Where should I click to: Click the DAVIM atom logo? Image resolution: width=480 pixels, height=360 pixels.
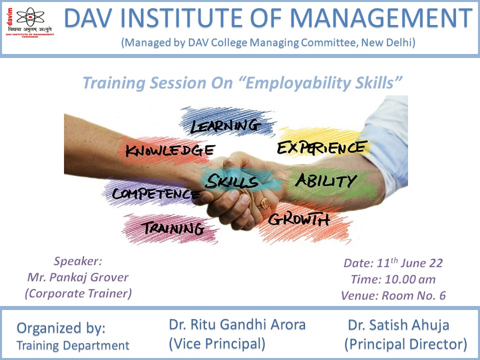30,17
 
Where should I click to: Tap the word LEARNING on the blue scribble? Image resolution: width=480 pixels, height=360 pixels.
225,126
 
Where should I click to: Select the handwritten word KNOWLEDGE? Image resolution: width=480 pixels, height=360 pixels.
170,150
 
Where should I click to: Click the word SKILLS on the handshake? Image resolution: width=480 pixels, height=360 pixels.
231,181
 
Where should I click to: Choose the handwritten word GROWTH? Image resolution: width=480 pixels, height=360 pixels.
299,219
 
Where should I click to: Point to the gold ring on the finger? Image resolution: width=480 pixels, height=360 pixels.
265,203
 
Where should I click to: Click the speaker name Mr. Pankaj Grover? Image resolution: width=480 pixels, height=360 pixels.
78,277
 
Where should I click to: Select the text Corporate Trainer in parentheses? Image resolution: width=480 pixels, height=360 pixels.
78,293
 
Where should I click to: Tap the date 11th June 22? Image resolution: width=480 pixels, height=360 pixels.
409,262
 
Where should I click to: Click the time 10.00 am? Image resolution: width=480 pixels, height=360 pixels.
410,279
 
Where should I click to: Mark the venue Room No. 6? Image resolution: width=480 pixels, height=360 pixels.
414,295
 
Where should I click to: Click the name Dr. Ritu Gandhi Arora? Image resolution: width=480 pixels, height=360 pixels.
237,324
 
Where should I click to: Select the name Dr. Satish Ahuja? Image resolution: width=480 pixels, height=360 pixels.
398,325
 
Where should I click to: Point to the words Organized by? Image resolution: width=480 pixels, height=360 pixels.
61,328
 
